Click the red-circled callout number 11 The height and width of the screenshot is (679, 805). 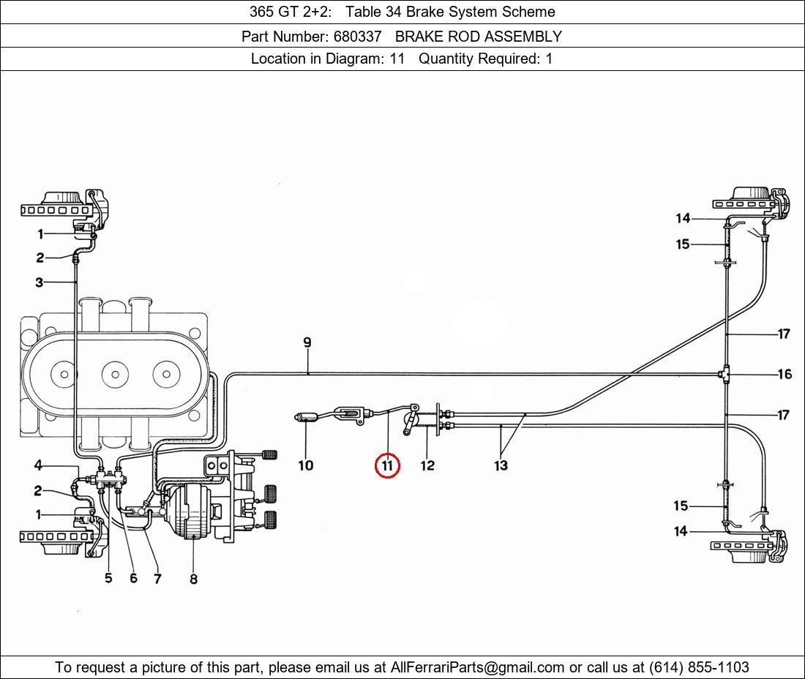(387, 465)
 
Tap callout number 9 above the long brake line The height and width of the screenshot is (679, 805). (307, 342)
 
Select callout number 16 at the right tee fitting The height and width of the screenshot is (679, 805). (784, 375)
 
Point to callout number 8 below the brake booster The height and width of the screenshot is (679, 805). (193, 579)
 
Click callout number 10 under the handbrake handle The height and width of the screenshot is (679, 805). (306, 465)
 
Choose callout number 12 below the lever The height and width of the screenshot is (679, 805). (427, 465)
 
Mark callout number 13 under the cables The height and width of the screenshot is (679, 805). (501, 465)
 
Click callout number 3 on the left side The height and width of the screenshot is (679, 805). (39, 282)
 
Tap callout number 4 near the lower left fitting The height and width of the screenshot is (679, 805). (38, 465)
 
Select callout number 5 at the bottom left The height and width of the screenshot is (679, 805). (108, 578)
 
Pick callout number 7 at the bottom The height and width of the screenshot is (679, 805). (157, 579)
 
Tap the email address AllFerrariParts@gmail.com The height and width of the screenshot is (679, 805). (478, 667)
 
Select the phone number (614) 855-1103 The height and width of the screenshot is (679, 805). (699, 667)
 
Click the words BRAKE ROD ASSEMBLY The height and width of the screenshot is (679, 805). (479, 36)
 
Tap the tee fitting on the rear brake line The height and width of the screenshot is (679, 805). (724, 375)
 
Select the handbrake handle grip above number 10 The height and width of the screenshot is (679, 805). (305, 418)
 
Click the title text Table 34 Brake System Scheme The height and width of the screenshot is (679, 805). (450, 12)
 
